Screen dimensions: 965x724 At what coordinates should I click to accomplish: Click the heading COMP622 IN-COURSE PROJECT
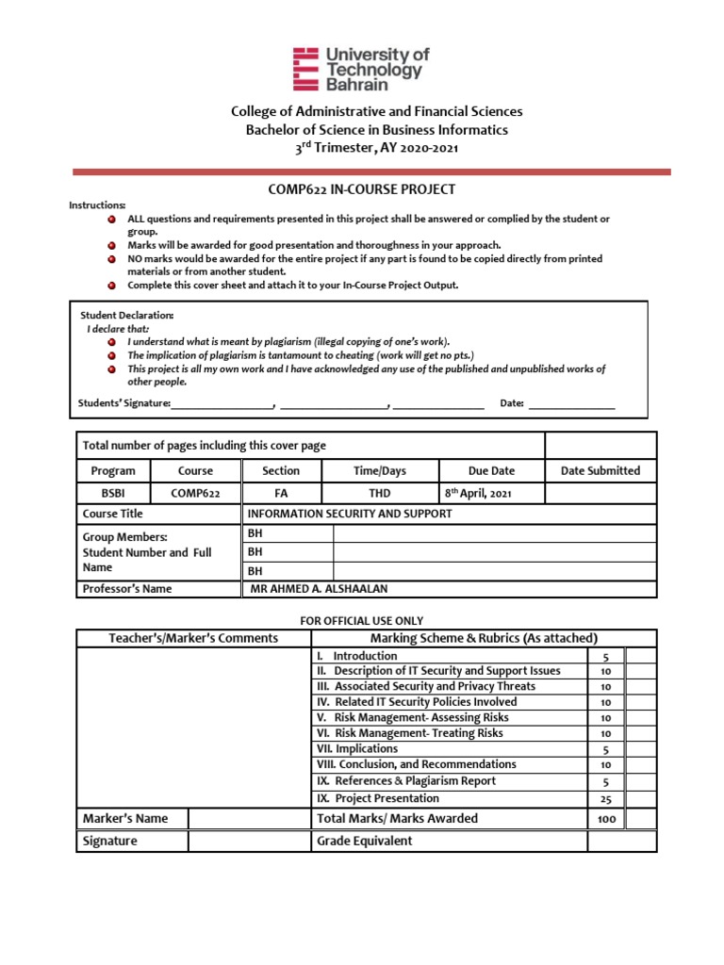click(362, 189)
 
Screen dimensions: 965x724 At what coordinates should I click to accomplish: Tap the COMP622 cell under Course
click(195, 493)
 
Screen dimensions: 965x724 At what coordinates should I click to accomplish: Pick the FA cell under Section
click(281, 493)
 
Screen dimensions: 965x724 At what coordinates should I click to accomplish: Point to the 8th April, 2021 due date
click(479, 493)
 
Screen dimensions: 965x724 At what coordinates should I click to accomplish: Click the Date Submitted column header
click(600, 470)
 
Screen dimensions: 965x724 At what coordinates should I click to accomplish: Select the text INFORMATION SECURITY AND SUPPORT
click(349, 514)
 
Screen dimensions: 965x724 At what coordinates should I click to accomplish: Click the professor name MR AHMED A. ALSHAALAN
click(318, 589)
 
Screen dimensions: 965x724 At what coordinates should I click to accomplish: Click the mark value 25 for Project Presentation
click(606, 798)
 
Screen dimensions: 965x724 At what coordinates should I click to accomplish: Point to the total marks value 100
click(606, 819)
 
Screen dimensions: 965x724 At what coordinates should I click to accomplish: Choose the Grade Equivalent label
click(364, 841)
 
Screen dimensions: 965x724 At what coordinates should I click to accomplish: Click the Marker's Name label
click(125, 818)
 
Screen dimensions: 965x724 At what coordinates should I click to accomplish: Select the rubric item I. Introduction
click(346, 655)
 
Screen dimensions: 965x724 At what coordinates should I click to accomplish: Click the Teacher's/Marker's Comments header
click(193, 638)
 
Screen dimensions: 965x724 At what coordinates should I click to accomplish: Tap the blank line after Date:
click(571, 403)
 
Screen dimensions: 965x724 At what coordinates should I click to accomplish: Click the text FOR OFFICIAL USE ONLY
click(361, 620)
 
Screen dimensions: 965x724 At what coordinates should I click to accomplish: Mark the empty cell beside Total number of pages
click(600, 446)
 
